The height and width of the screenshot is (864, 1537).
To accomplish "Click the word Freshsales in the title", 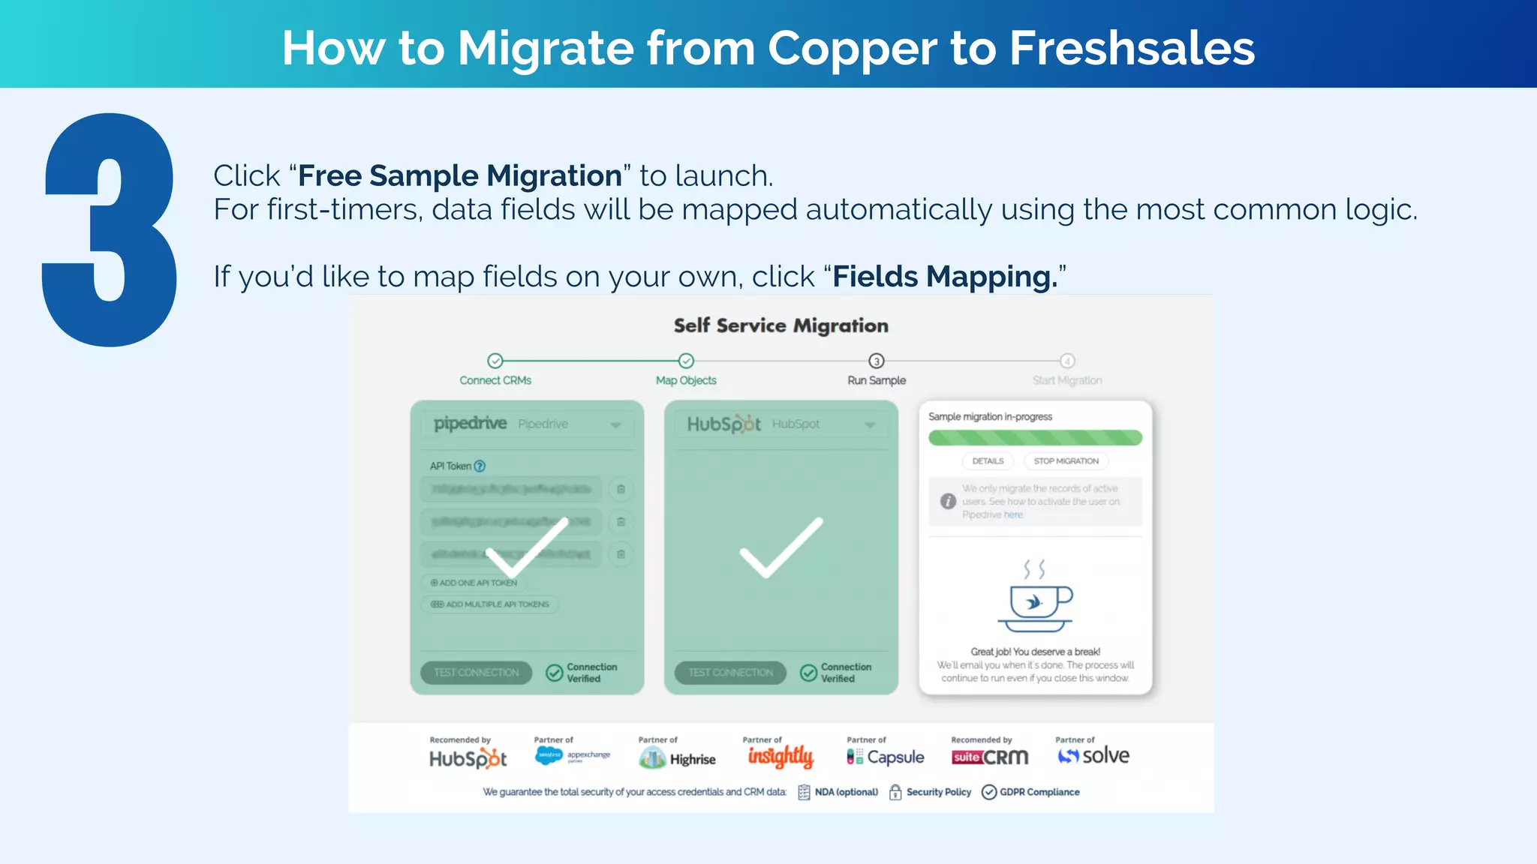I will (1131, 48).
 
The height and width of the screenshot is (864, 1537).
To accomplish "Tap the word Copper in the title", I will (852, 48).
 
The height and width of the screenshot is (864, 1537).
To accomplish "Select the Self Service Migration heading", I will (781, 325).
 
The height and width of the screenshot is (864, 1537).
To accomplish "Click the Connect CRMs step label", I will (495, 380).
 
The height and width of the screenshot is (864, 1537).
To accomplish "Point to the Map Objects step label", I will (686, 380).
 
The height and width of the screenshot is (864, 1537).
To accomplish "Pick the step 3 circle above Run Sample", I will (877, 361).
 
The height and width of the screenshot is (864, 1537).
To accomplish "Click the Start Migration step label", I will (1067, 380).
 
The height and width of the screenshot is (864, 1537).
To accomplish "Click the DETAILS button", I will (988, 461).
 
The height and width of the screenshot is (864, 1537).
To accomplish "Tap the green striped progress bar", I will (1035, 438).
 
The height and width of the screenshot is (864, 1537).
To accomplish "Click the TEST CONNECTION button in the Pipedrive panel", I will (477, 673).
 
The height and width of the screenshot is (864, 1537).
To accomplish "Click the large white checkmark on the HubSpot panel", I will (781, 547).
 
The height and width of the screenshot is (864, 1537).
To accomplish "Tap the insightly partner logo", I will (781, 757).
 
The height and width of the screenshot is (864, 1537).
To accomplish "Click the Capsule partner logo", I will (886, 757).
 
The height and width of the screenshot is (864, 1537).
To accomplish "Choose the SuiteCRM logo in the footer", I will (990, 757).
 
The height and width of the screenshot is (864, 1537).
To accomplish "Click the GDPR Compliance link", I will (1031, 792).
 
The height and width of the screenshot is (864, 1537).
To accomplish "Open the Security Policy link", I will (931, 792).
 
